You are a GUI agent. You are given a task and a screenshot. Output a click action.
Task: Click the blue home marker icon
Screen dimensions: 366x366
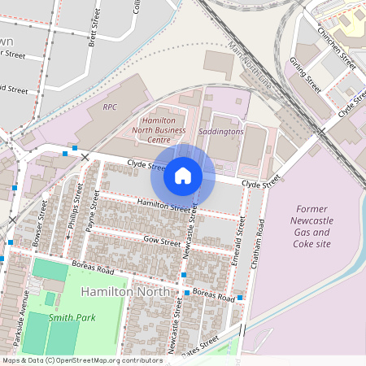(183, 175)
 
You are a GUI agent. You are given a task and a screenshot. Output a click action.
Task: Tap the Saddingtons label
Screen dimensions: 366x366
(220, 131)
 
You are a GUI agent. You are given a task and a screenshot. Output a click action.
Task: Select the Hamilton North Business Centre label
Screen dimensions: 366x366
(159, 129)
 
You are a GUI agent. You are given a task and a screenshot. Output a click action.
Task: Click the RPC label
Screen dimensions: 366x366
(110, 107)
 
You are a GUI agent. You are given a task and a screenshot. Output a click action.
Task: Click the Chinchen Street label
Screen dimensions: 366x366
(337, 48)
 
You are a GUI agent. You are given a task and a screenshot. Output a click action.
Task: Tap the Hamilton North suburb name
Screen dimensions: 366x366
(126, 291)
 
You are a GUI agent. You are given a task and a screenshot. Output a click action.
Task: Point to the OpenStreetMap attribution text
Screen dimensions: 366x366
(82, 360)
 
